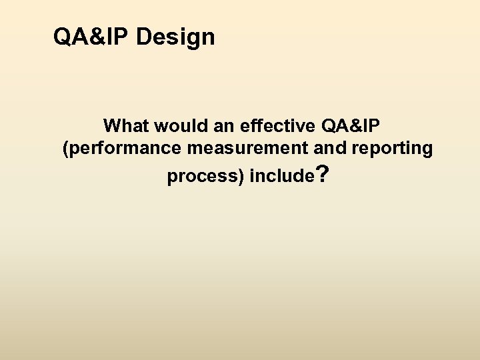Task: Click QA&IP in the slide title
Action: [x=91, y=37]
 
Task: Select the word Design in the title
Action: [x=175, y=37]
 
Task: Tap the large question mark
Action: [x=322, y=175]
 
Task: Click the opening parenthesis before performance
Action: [x=65, y=149]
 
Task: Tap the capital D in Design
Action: [x=143, y=37]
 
